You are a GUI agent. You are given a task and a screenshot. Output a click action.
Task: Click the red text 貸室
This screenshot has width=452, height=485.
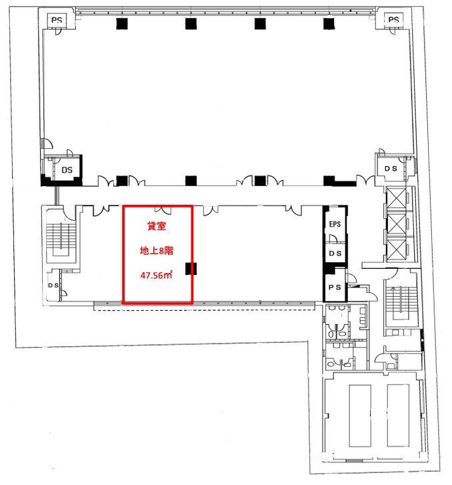point(157,226)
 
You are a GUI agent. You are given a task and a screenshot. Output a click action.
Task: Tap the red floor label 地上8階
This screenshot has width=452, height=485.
point(157,251)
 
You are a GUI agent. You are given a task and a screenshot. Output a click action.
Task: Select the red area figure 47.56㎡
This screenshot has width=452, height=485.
point(156,275)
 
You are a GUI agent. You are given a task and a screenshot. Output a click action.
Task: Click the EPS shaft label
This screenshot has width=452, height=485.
point(335,224)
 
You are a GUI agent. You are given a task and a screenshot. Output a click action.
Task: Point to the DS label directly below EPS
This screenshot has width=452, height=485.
point(335,254)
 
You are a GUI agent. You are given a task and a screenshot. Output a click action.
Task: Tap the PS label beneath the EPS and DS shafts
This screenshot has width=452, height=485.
point(335,288)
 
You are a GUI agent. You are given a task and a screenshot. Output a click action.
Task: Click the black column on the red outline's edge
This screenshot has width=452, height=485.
point(191,269)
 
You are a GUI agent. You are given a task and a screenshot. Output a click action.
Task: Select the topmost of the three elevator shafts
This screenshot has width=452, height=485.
point(397,199)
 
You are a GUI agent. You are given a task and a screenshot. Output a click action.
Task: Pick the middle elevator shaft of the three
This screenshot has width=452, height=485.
point(397,223)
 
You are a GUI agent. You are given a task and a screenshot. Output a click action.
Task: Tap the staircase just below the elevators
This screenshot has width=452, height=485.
point(401,305)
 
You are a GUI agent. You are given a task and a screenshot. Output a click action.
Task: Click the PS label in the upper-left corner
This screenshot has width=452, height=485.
point(57,20)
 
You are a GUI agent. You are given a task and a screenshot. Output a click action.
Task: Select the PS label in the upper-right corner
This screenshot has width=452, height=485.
point(393,19)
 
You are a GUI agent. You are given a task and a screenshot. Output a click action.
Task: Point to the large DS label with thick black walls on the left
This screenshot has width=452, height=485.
point(67,170)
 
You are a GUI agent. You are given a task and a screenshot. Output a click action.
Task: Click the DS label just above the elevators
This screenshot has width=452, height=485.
point(391,169)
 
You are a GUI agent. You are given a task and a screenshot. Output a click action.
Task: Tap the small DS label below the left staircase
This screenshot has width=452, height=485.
point(53,285)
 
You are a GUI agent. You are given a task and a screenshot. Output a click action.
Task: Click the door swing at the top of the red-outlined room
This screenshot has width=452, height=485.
point(163,209)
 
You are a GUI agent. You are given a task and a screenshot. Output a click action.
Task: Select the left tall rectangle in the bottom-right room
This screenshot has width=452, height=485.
point(360,416)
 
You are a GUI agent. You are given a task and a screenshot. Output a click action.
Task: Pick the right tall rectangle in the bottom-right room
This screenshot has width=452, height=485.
point(398,416)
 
